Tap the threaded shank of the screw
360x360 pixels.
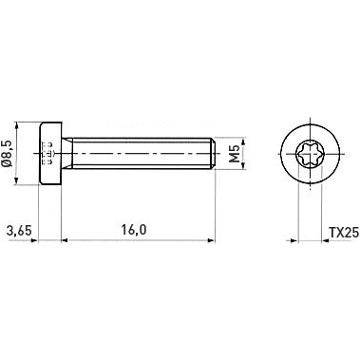click(142, 152)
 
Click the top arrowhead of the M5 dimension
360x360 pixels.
click(225, 139)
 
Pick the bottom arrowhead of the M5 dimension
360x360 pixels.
click(225, 166)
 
